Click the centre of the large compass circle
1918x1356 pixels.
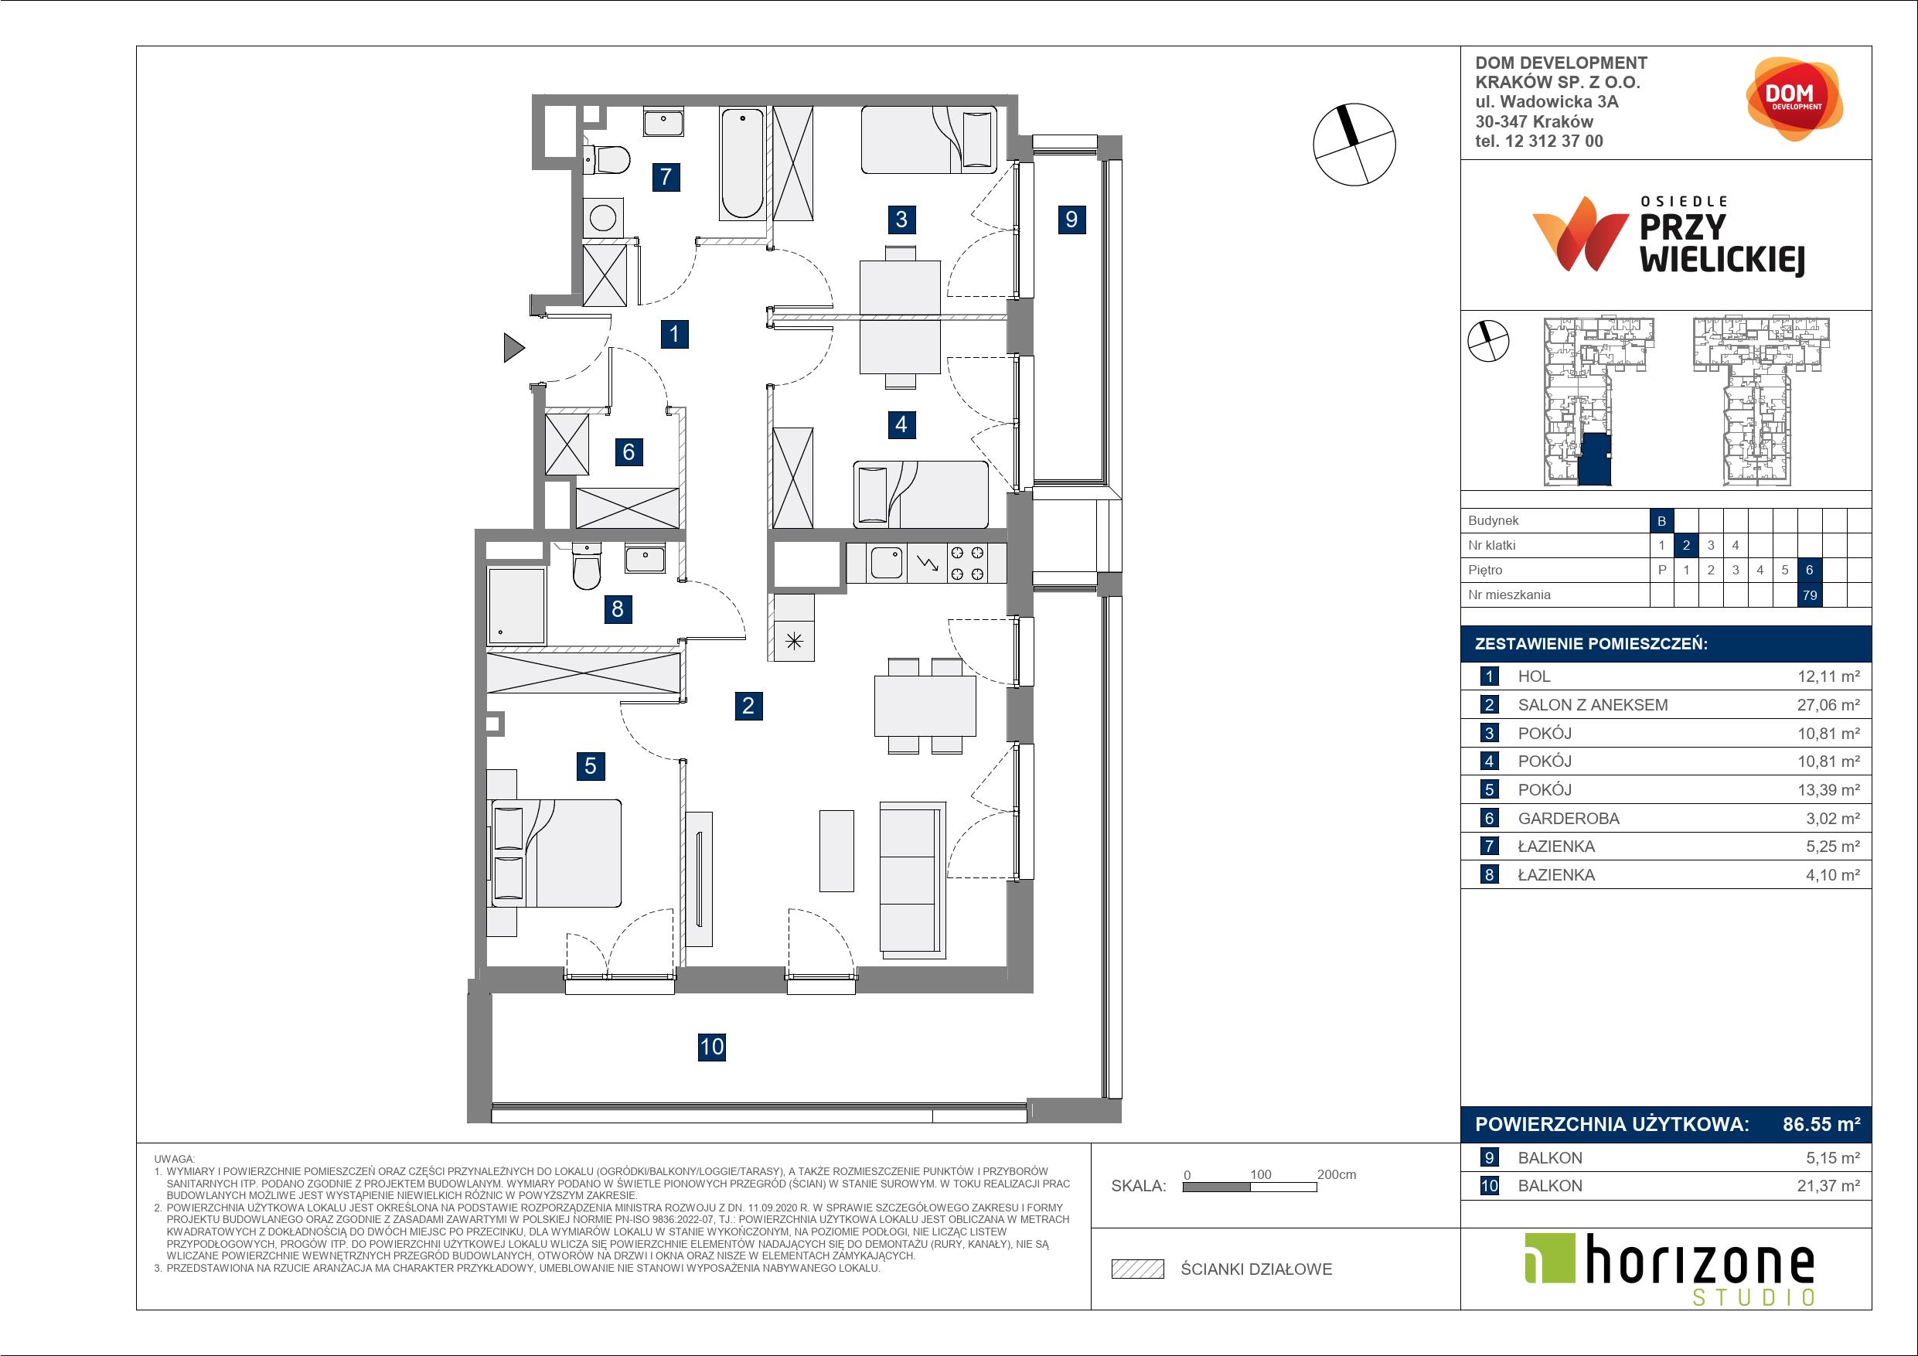point(1354,145)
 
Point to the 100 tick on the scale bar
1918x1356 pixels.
point(1251,1187)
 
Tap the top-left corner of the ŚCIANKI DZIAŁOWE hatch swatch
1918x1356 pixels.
point(1112,1260)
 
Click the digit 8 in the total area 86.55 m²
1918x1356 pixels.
point(1789,1125)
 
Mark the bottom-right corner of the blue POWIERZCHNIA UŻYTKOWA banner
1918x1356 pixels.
point(1871,1142)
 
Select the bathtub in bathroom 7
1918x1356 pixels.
point(741,162)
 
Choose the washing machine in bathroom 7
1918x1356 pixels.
point(602,217)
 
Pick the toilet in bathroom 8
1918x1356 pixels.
point(584,567)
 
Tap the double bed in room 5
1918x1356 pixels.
point(557,853)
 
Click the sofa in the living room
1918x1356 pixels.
point(912,879)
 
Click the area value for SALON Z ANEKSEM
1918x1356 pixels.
point(1828,704)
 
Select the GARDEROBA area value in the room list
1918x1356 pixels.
point(1833,818)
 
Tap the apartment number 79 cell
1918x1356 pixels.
point(1810,595)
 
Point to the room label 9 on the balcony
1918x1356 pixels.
point(1071,220)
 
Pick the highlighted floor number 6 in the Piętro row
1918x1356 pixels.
point(1810,570)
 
